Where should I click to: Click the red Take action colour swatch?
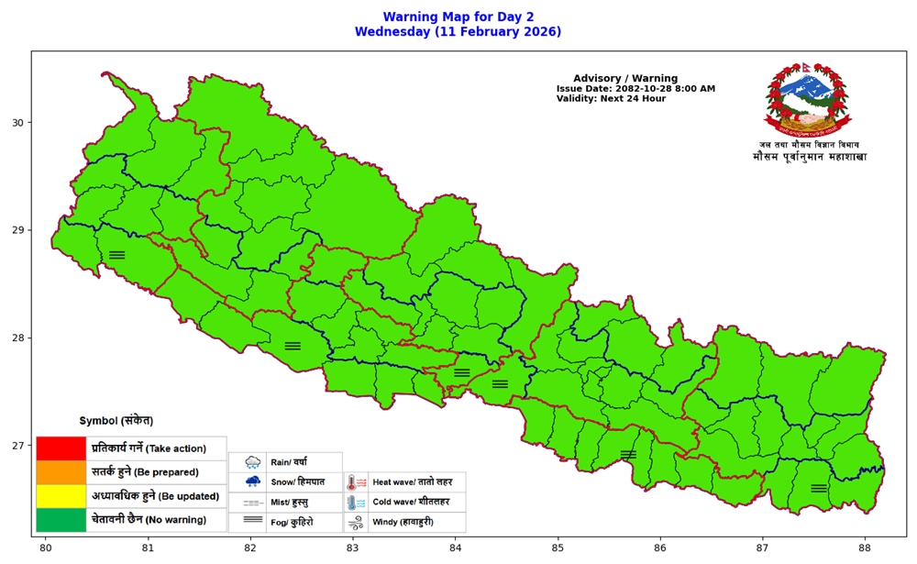point(61,448)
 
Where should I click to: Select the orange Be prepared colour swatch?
point(61,472)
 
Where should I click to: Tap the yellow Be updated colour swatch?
point(61,496)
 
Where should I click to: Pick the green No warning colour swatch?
point(61,520)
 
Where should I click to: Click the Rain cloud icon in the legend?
point(253,463)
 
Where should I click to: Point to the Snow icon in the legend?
point(253,481)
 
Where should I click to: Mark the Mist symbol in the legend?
point(253,503)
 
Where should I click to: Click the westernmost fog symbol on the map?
point(116,255)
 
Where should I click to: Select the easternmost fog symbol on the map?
point(819,488)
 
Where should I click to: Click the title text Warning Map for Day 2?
point(458,17)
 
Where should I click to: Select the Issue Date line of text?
point(635,89)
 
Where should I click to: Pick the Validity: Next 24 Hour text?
point(611,99)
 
